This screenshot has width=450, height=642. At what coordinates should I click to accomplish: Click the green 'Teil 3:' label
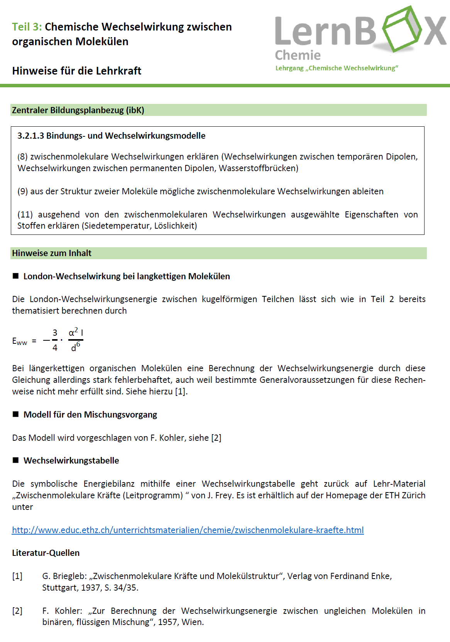pyautogui.click(x=26, y=27)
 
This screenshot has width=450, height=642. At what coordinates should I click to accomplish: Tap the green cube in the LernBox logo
pyautogui.click(x=402, y=29)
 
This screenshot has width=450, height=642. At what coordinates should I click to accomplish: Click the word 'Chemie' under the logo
pyautogui.click(x=298, y=55)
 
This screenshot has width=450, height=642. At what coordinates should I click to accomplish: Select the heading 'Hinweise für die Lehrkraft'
pyautogui.click(x=76, y=71)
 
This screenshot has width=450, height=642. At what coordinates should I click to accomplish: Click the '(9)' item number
pyautogui.click(x=22, y=192)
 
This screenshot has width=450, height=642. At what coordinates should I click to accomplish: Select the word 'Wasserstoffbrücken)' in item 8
pyautogui.click(x=259, y=168)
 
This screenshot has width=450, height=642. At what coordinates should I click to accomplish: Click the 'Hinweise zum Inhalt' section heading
pyautogui.click(x=52, y=253)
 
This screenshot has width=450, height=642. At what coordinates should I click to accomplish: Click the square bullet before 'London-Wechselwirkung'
pyautogui.click(x=16, y=276)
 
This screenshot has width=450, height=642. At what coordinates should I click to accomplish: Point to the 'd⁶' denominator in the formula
pyautogui.click(x=75, y=347)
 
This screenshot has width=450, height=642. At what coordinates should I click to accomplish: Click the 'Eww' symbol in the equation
pyautogui.click(x=19, y=341)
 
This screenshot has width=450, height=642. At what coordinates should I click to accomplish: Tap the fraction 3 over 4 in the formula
pyautogui.click(x=55, y=340)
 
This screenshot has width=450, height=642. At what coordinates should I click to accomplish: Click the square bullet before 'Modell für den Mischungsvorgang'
pyautogui.click(x=16, y=414)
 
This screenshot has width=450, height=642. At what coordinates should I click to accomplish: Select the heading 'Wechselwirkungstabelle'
pyautogui.click(x=71, y=460)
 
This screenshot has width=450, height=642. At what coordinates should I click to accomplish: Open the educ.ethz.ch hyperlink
pyautogui.click(x=188, y=530)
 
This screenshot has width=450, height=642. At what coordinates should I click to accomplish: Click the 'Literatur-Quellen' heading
pyautogui.click(x=46, y=553)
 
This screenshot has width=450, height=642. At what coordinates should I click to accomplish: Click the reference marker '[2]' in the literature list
pyautogui.click(x=17, y=611)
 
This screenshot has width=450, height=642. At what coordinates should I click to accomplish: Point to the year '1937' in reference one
pyautogui.click(x=91, y=588)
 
